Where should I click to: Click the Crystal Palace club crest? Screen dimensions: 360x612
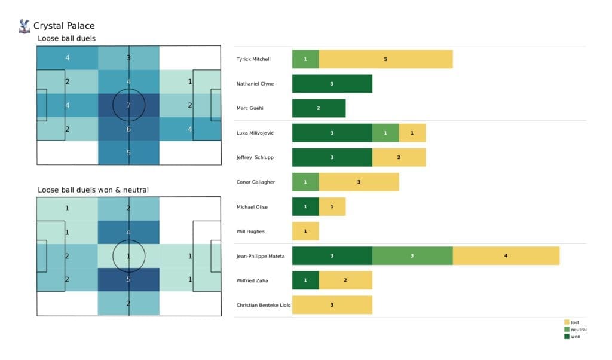[x=25, y=26]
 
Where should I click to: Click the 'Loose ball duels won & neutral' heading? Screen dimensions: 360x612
[x=93, y=190]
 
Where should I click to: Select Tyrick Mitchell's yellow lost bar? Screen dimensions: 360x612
[x=385, y=59]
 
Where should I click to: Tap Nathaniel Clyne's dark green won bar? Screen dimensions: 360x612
[x=332, y=84]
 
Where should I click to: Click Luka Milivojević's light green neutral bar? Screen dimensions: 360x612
[x=385, y=133]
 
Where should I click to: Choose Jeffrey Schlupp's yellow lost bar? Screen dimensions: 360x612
[x=399, y=157]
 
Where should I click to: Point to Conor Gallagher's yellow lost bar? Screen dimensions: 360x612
[x=359, y=182]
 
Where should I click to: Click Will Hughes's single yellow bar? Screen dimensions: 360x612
[x=305, y=231]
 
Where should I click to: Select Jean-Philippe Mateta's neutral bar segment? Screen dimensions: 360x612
[x=412, y=256]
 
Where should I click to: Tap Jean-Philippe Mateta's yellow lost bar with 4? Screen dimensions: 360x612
[x=506, y=256]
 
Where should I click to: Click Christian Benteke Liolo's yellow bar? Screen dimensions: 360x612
[x=332, y=305]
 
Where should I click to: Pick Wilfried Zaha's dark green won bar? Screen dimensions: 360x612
[x=305, y=280]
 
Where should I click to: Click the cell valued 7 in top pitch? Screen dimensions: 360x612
[x=129, y=105]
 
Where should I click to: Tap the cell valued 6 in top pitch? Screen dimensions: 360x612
[x=129, y=129]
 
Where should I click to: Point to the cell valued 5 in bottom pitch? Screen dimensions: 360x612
[x=129, y=279]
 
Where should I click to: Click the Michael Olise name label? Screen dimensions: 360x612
[x=252, y=207]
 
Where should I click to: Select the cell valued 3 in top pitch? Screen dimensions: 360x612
[x=129, y=58]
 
